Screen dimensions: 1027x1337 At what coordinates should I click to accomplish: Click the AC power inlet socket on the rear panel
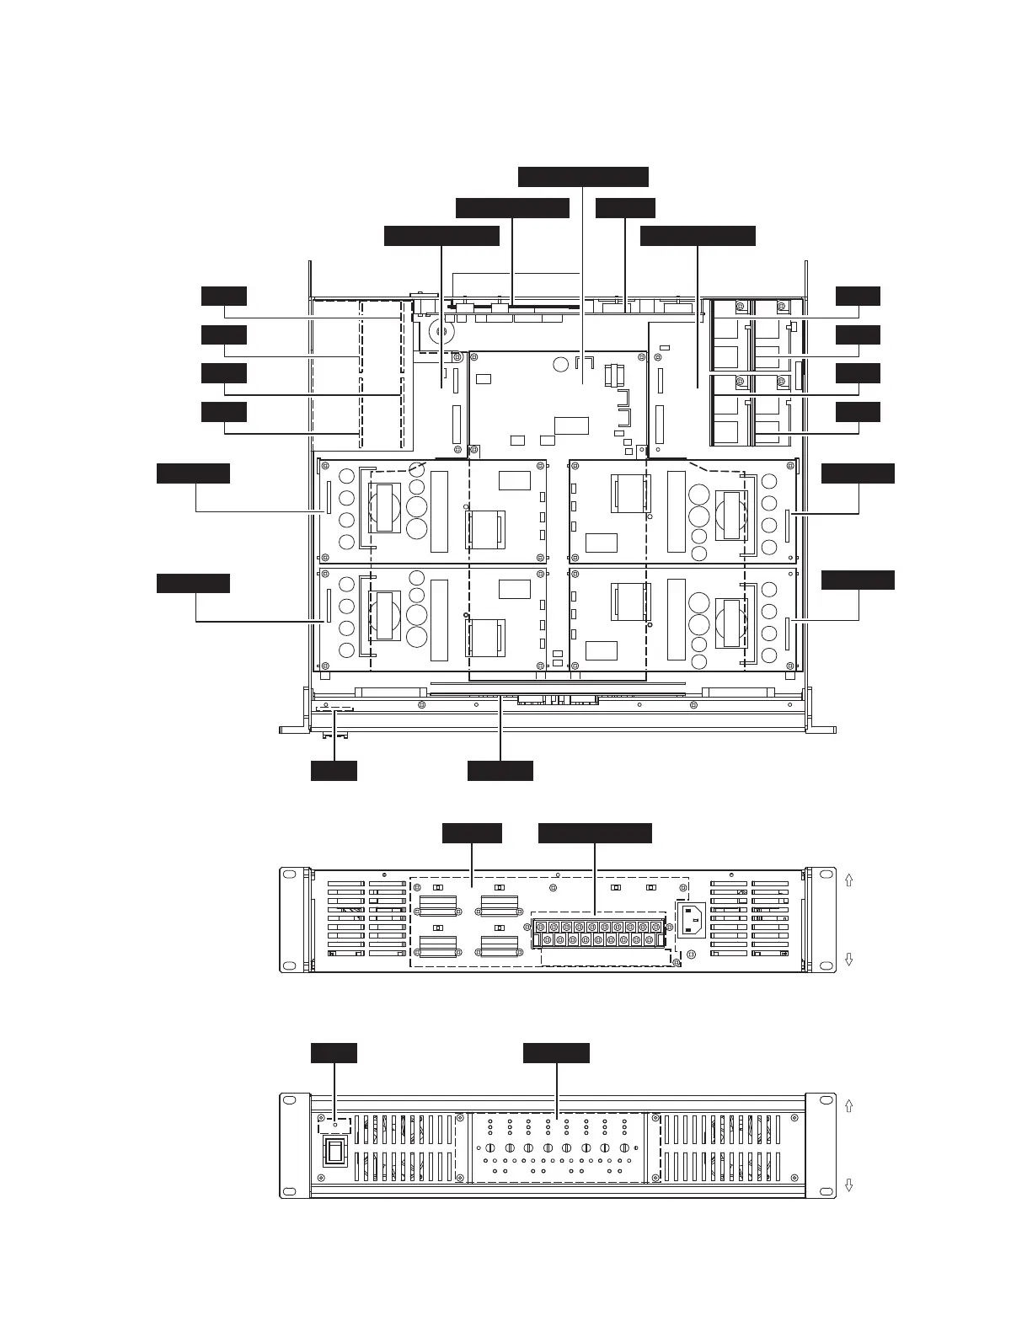coord(692,920)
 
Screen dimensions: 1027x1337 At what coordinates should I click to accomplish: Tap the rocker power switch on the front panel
coord(336,1152)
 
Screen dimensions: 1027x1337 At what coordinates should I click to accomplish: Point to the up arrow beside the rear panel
coord(848,879)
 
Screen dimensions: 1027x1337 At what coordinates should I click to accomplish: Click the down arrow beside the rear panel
coord(848,960)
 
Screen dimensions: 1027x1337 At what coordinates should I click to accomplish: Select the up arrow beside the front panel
coord(848,1104)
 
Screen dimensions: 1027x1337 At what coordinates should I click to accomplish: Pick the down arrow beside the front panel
coord(848,1185)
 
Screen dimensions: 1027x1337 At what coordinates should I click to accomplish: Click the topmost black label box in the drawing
coord(583,176)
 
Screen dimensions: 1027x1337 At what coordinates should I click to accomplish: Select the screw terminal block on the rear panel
coord(597,933)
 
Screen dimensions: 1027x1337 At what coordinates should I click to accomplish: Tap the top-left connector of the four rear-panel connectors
coord(438,906)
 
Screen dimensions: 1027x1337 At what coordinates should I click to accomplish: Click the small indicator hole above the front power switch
coord(335,1125)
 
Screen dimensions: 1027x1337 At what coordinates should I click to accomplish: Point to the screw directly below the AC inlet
coord(692,955)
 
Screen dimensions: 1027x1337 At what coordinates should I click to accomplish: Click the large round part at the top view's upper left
coord(439,332)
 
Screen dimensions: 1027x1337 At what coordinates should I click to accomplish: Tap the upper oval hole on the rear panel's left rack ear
coord(291,877)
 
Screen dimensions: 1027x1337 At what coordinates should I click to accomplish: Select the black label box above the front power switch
coord(334,1053)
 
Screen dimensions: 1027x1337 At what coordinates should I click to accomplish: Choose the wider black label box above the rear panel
coord(595,833)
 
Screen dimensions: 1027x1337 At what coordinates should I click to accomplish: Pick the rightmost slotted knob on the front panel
coord(624,1148)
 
